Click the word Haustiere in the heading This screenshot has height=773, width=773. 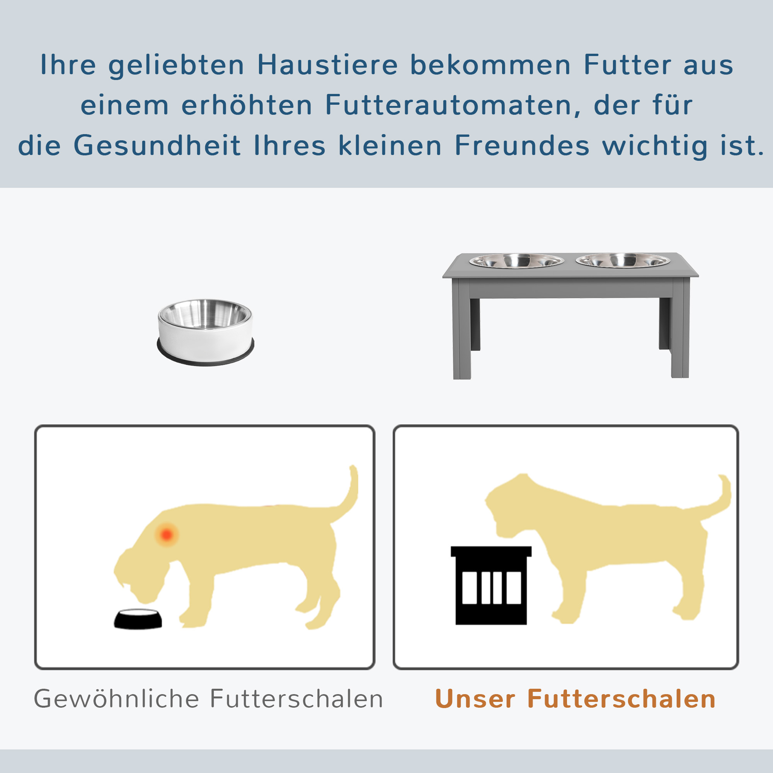327,65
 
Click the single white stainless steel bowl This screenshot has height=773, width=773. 205,326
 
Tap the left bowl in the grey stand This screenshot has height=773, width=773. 516,261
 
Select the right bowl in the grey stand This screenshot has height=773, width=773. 623,260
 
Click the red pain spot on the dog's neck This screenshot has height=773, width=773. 167,535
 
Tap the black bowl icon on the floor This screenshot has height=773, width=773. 138,619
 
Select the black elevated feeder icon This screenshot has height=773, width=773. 491,584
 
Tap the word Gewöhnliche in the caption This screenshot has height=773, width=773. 116,699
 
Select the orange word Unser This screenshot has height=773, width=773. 475,699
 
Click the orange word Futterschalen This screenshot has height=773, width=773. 621,699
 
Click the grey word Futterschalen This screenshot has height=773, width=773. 296,699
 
